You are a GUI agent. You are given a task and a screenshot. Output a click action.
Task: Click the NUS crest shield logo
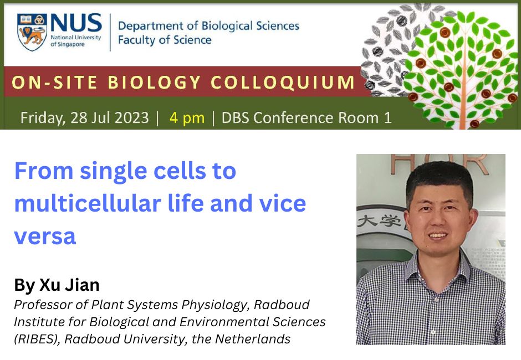[x=32, y=32]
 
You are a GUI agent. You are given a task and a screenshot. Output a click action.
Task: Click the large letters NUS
[x=76, y=23]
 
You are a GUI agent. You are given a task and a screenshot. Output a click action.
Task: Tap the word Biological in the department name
[x=227, y=25]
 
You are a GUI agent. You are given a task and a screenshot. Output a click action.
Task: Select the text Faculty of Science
[x=165, y=40]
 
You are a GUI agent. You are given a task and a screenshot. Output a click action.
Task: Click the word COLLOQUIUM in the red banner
[x=283, y=83]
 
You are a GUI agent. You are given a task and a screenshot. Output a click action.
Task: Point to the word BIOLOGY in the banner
[x=155, y=82]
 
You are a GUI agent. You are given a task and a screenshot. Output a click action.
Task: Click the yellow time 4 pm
[x=187, y=118]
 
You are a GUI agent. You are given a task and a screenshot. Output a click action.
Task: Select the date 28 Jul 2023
[x=110, y=117]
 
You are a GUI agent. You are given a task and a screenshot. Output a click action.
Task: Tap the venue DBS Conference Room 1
[x=307, y=117]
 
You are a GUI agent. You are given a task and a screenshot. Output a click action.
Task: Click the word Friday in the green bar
[x=43, y=118]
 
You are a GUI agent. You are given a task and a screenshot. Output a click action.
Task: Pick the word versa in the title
[x=45, y=236]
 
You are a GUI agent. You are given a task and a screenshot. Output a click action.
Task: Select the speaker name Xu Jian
[x=69, y=285]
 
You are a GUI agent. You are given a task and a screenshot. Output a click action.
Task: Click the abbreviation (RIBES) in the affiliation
[x=37, y=339]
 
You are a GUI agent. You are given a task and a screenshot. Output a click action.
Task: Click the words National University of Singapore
[x=76, y=40]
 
